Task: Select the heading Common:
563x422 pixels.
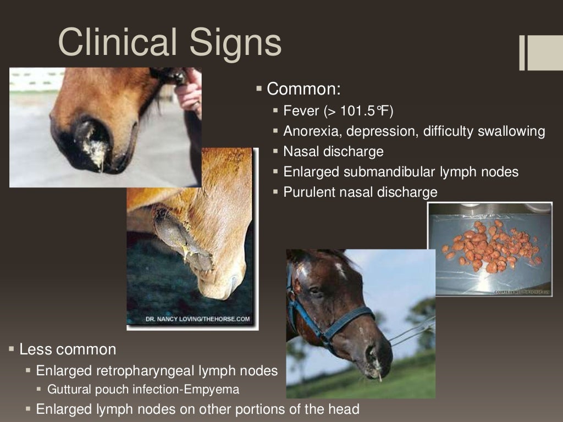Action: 304,88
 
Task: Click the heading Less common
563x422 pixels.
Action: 68,349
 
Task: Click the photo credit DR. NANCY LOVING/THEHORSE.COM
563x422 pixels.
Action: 197,319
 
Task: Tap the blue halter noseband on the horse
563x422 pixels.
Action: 352,319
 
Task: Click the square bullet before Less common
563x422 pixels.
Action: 12,349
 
